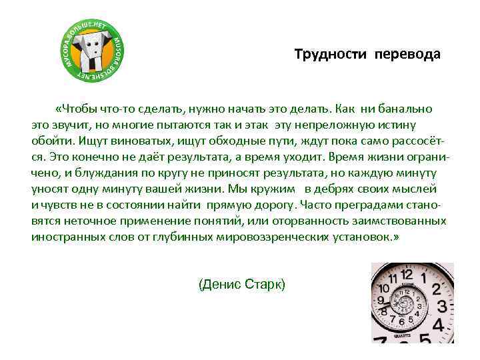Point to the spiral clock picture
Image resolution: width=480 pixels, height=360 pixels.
(412, 302)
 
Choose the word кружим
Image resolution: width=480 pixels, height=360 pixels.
(273, 188)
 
